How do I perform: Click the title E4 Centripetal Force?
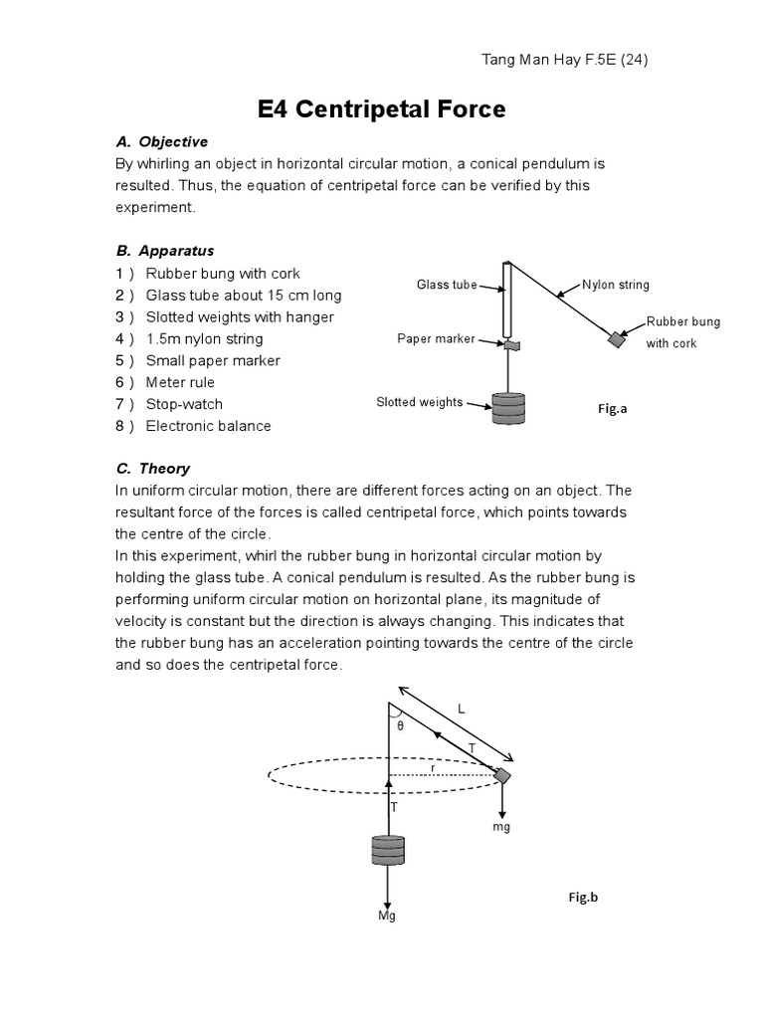(x=381, y=109)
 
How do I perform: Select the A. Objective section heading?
(x=162, y=141)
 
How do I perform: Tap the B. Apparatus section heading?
(x=165, y=251)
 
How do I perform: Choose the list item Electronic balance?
(x=208, y=426)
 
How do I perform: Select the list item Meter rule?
(x=180, y=382)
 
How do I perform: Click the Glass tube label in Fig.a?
(x=447, y=286)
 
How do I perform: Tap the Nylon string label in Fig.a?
(x=616, y=285)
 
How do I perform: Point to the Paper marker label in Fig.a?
(x=436, y=338)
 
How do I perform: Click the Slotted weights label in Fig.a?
(x=419, y=402)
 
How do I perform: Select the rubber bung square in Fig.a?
(x=617, y=339)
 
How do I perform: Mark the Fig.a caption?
(x=612, y=408)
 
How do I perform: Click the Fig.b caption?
(x=583, y=897)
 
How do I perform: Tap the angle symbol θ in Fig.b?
(x=400, y=726)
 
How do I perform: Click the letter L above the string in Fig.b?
(x=461, y=708)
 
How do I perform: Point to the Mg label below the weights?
(x=387, y=916)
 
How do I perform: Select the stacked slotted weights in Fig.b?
(x=388, y=852)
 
